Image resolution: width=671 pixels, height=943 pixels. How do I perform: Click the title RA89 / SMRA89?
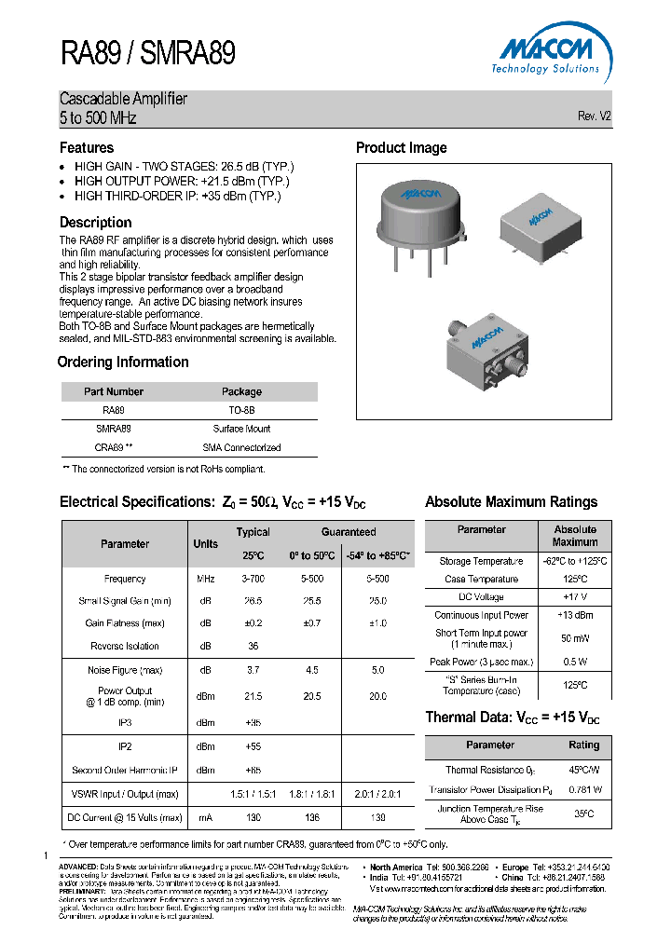pos(147,54)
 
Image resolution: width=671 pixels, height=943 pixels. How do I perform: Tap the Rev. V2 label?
pos(594,116)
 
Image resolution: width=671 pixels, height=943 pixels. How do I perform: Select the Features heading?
pos(87,148)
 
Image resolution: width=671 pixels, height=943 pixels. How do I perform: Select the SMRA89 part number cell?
pos(114,429)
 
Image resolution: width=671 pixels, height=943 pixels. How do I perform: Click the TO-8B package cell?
pos(241,410)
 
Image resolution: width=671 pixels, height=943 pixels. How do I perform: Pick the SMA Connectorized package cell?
pos(241,447)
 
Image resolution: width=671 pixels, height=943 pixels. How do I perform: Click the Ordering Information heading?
pos(123,362)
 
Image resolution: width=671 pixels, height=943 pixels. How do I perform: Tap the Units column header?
pos(205,544)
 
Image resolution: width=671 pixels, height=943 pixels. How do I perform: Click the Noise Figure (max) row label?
pos(125,670)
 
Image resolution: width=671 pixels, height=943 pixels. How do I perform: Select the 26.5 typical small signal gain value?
pos(253,601)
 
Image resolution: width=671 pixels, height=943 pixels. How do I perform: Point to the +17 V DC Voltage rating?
pos(575,596)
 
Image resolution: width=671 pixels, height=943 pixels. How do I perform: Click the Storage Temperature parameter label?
pos(482,561)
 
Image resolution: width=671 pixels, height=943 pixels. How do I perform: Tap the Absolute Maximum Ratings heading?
pos(511,502)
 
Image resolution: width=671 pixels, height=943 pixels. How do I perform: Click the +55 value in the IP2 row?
pos(253,747)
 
